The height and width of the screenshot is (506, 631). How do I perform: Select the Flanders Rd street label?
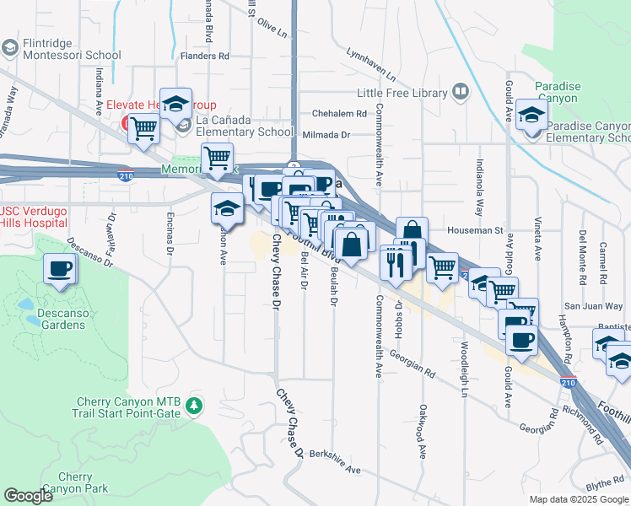coord(205,57)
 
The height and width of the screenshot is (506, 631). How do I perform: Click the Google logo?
coord(28,496)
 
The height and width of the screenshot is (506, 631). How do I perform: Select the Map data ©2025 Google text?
coord(578,499)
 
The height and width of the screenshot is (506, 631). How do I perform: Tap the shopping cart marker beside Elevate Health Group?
coord(144,128)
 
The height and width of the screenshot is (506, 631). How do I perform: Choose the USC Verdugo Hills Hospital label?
coord(34,217)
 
